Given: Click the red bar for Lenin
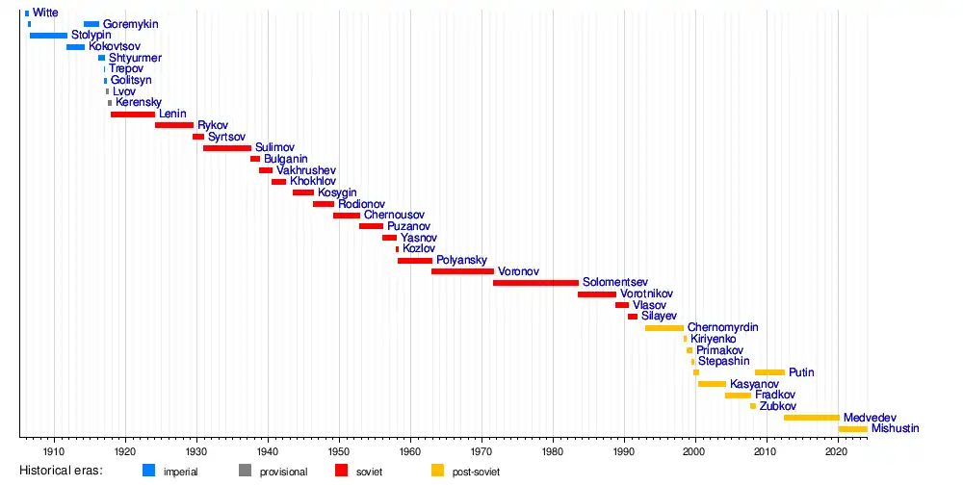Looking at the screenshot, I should [133, 115].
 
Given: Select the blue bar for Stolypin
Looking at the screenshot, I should [48, 36].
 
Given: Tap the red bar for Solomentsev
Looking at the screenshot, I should [535, 283].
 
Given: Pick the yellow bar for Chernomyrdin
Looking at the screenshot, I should [664, 328].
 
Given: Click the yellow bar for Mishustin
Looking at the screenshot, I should [852, 429].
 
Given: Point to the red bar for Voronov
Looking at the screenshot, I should [462, 271].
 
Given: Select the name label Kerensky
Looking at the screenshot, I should [139, 102].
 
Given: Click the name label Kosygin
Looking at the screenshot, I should [337, 192].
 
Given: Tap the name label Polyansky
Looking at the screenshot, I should [461, 260].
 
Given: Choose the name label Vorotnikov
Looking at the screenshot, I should [646, 294].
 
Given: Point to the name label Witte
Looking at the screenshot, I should [45, 13].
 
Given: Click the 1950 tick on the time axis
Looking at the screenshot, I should [339, 438].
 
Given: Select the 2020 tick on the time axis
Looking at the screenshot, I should [838, 438].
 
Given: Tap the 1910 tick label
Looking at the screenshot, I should [54, 450].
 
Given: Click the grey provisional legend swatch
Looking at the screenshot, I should [245, 471].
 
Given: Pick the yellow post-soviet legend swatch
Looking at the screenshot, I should [437, 471].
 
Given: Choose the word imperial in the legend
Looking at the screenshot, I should [181, 472].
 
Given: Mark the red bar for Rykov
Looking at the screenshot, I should [173, 125].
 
